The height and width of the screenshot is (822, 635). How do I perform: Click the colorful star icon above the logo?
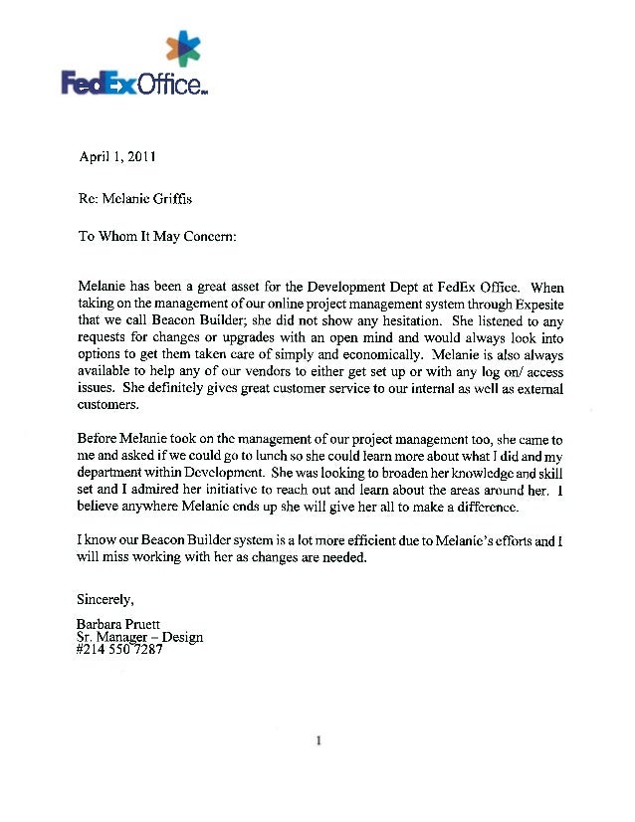tap(183, 49)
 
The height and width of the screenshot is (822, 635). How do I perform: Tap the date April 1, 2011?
tap(116, 156)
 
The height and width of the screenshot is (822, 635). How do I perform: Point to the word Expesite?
tap(536, 306)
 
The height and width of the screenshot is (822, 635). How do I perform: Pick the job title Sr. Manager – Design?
tap(139, 637)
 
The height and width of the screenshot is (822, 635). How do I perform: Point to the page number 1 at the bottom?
tap(318, 740)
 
